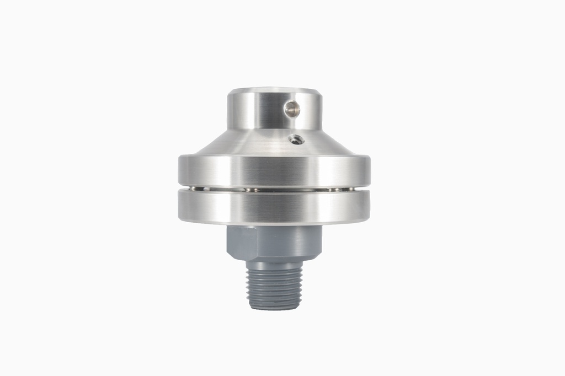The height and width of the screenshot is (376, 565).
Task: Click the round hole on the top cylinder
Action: (292, 109)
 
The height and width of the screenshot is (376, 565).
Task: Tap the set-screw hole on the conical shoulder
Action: (296, 139)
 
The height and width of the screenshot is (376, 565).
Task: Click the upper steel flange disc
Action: (274, 171)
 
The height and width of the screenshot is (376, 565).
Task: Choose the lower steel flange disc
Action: (274, 207)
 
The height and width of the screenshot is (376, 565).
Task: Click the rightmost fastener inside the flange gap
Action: (331, 190)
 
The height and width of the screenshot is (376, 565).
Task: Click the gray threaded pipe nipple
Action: (274, 286)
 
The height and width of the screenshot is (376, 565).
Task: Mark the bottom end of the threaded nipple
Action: (274, 307)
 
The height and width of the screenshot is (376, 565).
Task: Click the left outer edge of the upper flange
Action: (180, 171)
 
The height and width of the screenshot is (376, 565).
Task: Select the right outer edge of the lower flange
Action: (369, 207)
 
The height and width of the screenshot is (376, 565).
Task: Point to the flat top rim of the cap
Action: (274, 90)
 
